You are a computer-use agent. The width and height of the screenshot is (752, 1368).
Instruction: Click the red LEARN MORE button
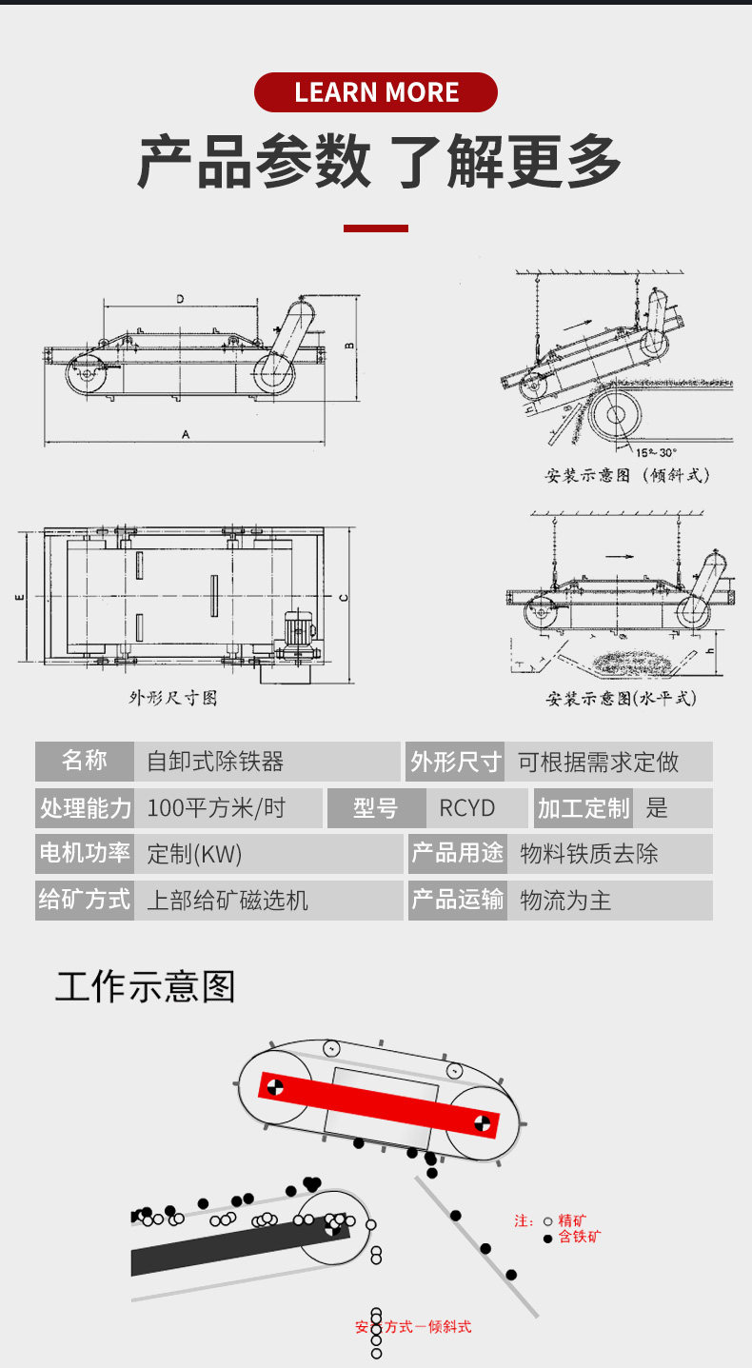376,92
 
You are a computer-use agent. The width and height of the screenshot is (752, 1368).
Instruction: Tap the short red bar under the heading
376,228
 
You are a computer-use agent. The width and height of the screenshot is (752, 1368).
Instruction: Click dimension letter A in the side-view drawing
187,434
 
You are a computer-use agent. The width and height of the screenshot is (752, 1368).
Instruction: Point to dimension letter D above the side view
180,299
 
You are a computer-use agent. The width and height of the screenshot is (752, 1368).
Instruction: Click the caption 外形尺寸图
173,698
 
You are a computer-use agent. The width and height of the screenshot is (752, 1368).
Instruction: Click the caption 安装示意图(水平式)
621,699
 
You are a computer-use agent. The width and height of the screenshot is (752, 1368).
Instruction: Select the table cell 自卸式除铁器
215,762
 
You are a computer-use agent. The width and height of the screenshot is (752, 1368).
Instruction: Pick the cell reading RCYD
467,808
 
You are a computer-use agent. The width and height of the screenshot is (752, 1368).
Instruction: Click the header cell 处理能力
85,808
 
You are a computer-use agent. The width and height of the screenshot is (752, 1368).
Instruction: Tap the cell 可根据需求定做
598,762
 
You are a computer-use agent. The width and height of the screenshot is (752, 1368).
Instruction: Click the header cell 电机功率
85,853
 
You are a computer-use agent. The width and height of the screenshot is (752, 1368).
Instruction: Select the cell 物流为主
565,900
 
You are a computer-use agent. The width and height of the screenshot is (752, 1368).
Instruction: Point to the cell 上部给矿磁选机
228,900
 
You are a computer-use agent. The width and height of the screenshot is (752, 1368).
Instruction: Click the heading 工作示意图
145,987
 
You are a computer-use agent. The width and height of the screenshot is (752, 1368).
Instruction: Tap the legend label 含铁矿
580,1238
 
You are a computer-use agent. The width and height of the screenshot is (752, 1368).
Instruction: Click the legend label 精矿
572,1220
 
